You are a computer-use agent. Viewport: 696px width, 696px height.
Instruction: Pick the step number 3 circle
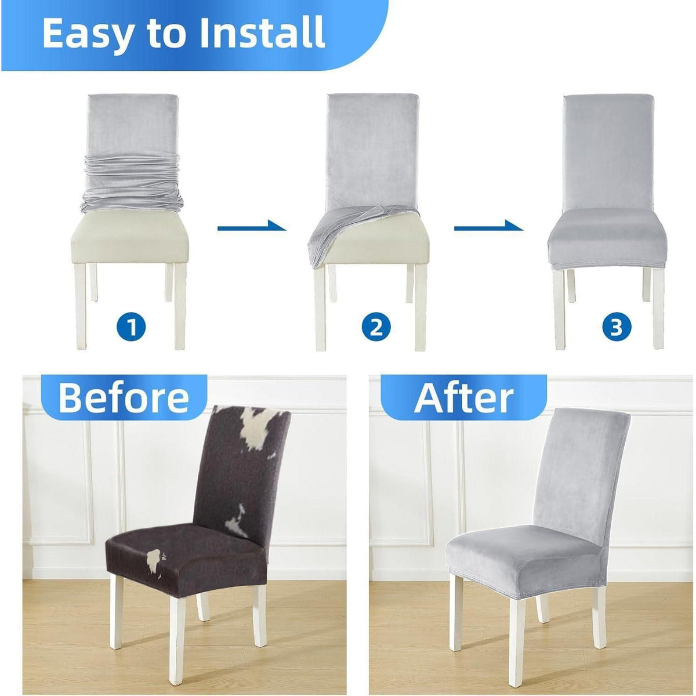point(617,327)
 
